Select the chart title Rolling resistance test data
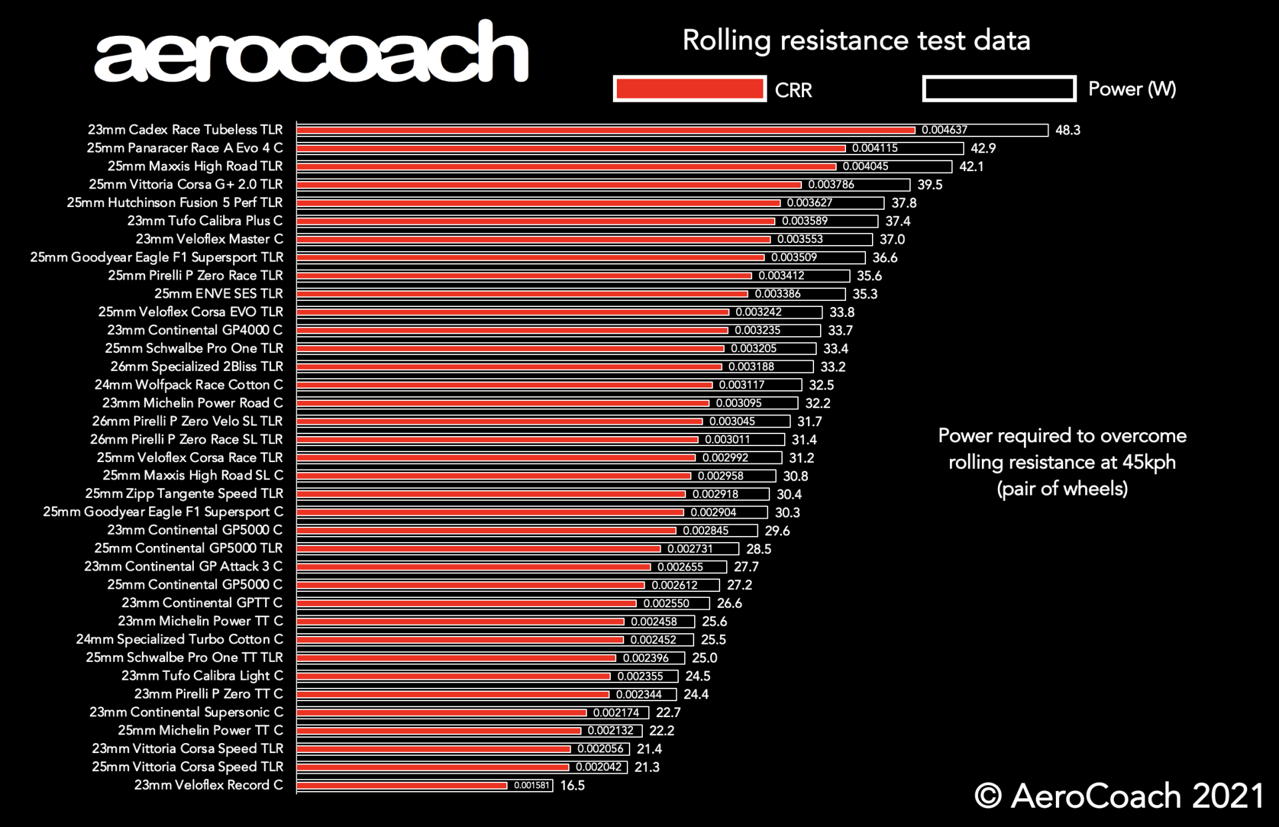coord(856,41)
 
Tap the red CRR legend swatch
coord(689,89)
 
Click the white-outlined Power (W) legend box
coord(999,89)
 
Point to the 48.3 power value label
coord(1067,131)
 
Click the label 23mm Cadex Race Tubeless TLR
coord(185,130)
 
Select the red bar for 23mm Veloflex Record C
coord(402,786)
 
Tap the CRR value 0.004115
coord(875,148)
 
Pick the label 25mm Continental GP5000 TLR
coord(189,548)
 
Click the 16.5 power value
coord(572,786)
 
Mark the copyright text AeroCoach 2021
coord(1118,796)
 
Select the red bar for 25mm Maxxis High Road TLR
coord(566,166)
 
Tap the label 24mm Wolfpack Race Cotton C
coord(189,385)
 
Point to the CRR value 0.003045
coord(731,421)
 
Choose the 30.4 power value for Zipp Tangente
coord(789,494)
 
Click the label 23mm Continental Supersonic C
coord(186,712)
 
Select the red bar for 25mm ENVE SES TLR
coord(522,294)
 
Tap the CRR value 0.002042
coord(598,767)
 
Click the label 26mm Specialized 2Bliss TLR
coord(197,367)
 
